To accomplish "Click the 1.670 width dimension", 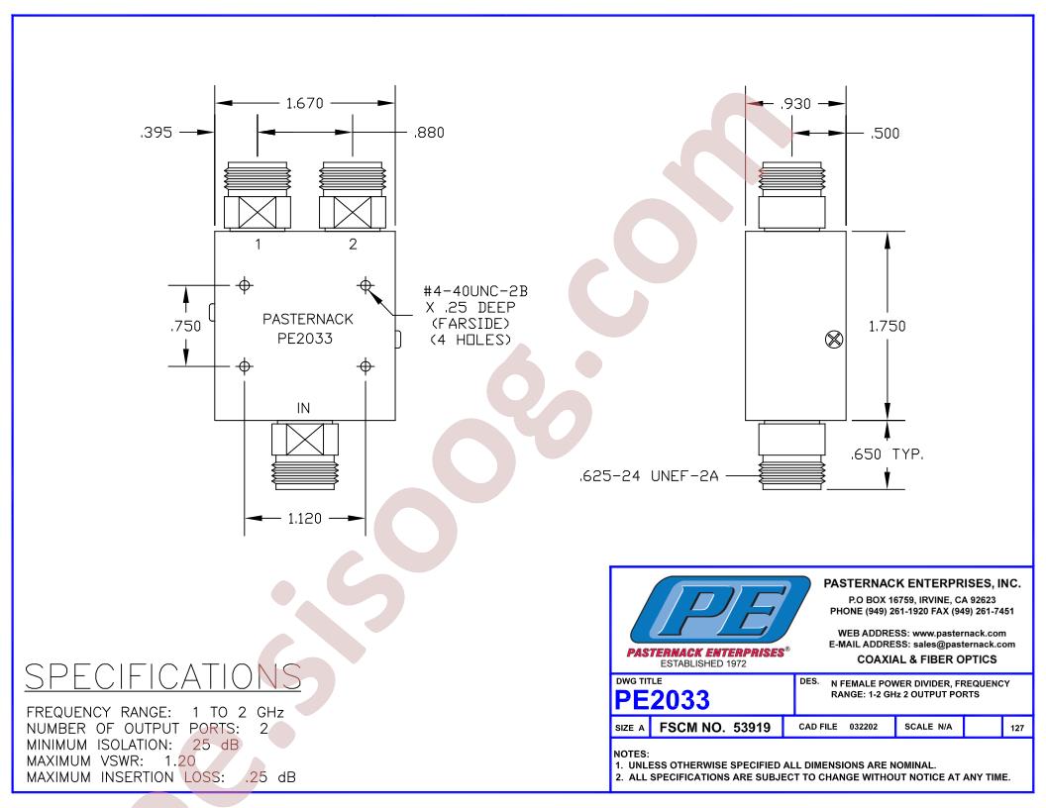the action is [304, 103].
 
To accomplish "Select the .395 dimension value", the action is [157, 133].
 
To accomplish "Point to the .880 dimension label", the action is [428, 133].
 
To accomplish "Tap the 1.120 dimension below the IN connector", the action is [304, 518].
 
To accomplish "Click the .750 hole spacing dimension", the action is [185, 326].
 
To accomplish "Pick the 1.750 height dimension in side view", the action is [887, 326].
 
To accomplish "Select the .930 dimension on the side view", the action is [795, 104].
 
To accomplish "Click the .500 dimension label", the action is [885, 134].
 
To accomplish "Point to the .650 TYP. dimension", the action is [888, 454].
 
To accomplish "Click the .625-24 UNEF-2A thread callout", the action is [649, 476].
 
